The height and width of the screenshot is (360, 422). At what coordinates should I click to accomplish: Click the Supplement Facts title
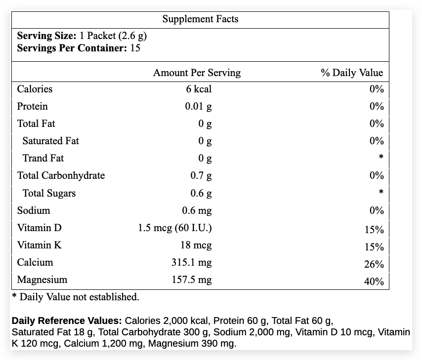pyautogui.click(x=200, y=19)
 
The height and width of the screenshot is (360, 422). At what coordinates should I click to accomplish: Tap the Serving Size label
pyautogui.click(x=46, y=36)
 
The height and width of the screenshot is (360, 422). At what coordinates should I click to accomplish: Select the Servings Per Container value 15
pyautogui.click(x=135, y=48)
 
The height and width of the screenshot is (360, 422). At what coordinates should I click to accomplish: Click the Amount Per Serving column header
pyautogui.click(x=197, y=73)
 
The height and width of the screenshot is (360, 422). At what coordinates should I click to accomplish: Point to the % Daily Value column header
pyautogui.click(x=352, y=73)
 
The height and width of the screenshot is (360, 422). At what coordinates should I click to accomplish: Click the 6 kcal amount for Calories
pyautogui.click(x=199, y=89)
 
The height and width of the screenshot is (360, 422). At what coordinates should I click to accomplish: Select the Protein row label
pyautogui.click(x=32, y=106)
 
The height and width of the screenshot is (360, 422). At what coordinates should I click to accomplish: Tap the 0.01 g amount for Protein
pyautogui.click(x=198, y=107)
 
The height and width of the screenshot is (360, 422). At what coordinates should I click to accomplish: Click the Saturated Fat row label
pyautogui.click(x=50, y=141)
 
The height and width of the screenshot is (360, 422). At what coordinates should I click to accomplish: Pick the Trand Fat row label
pyautogui.click(x=43, y=158)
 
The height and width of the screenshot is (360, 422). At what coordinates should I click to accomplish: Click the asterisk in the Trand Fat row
pyautogui.click(x=381, y=157)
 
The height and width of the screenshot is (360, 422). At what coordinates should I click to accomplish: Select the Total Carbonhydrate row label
pyautogui.click(x=61, y=175)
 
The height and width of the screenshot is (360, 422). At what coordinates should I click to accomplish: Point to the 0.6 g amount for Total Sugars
pyautogui.click(x=201, y=193)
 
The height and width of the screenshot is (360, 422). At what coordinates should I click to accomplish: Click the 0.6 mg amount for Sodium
pyautogui.click(x=197, y=211)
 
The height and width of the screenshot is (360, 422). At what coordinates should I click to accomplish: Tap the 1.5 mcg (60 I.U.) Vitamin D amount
pyautogui.click(x=175, y=228)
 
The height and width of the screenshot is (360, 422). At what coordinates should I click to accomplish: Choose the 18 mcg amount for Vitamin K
pyautogui.click(x=196, y=245)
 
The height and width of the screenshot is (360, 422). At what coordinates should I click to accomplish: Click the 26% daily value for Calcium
pyautogui.click(x=374, y=264)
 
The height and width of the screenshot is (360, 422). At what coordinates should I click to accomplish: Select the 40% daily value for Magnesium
pyautogui.click(x=374, y=281)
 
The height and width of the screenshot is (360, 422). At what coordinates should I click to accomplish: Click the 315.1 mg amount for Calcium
pyautogui.click(x=192, y=262)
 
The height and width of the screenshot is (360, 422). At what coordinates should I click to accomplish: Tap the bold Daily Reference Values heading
pyautogui.click(x=67, y=320)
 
